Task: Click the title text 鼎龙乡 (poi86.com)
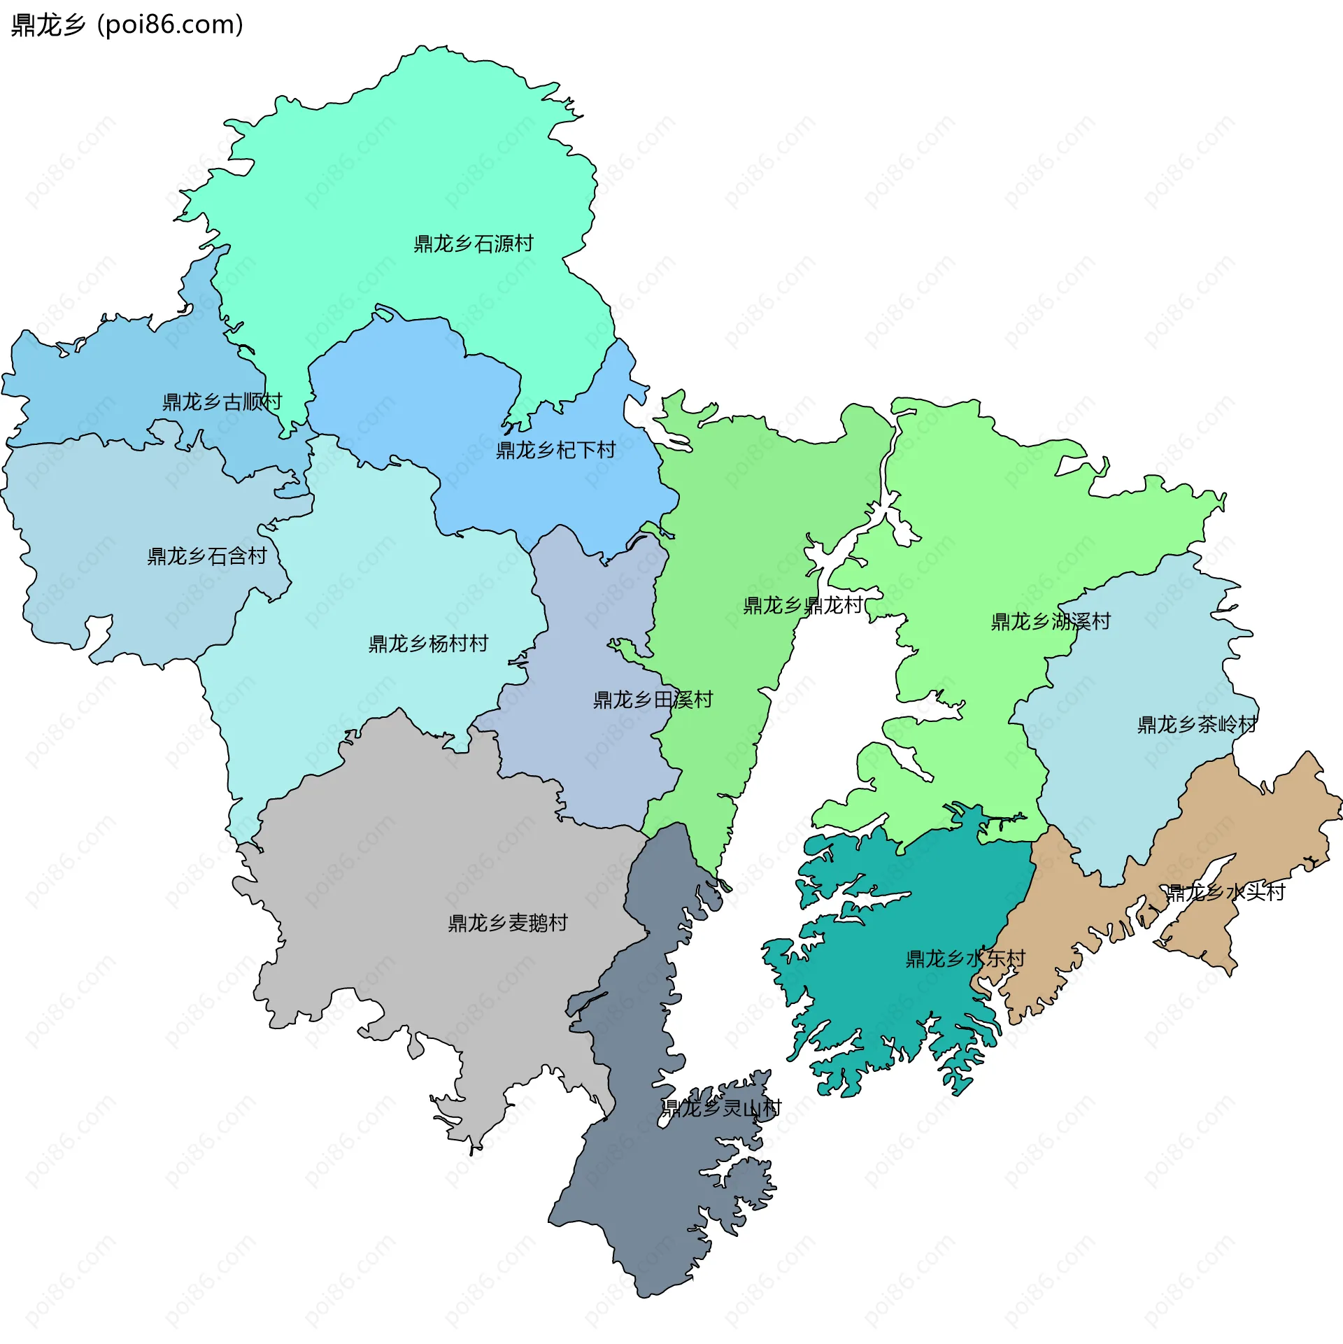click(127, 25)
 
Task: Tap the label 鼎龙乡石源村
click(474, 243)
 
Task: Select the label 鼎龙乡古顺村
click(222, 402)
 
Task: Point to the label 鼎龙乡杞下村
click(556, 450)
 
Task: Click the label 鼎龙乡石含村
click(207, 556)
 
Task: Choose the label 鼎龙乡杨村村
click(428, 644)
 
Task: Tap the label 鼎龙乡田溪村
click(653, 700)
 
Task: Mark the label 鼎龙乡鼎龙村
click(803, 605)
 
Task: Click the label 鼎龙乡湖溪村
click(1051, 621)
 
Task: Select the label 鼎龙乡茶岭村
click(1197, 724)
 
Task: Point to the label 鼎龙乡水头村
click(1225, 892)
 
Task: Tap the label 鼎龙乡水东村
click(965, 959)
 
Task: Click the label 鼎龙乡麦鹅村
click(508, 923)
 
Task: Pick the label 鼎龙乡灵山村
click(721, 1108)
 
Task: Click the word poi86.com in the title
click(171, 25)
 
